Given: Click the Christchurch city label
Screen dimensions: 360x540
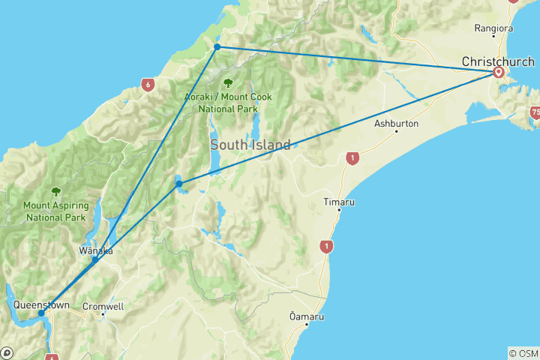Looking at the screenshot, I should coord(498,61).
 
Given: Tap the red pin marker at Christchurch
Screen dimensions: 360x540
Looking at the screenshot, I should coord(499,72).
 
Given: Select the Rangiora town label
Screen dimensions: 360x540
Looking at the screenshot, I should coord(493,28).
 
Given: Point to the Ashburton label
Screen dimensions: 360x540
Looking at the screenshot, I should coord(395,123).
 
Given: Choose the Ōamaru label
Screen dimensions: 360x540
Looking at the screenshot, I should coord(307,316).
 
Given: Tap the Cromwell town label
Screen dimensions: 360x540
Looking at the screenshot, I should coord(103,306).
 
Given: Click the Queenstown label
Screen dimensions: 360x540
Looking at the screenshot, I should coord(41,305).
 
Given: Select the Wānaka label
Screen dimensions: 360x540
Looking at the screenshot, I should coord(96,250).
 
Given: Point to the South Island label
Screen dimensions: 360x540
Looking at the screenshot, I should coord(250,145).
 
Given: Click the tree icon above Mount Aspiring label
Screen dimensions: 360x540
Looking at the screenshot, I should coord(55,191).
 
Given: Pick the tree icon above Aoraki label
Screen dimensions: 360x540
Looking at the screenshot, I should coord(227,82).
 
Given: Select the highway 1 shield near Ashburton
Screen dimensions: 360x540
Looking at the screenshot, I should coord(350,158).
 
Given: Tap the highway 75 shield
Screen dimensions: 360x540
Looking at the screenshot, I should coord(535,112).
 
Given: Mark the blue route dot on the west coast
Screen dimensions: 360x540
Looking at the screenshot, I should coord(217,46).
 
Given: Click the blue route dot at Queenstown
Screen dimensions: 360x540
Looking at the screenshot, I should coord(41,313).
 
